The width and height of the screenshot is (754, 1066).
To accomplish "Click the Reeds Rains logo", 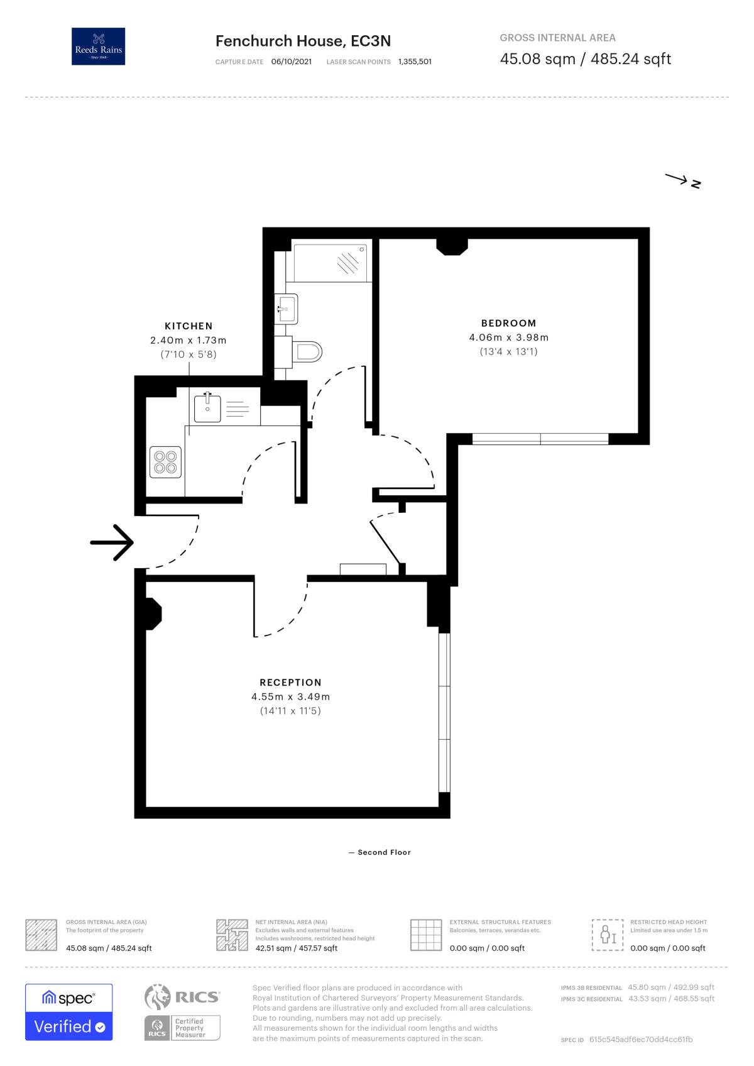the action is (98, 46).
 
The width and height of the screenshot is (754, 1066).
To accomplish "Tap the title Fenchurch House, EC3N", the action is (303, 41).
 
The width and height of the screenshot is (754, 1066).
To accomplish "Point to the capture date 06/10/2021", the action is (291, 62).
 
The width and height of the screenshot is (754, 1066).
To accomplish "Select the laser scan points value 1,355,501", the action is (415, 62).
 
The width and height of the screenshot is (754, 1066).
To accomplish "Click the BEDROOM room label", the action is (508, 323).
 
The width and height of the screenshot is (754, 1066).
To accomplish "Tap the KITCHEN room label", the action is (188, 326).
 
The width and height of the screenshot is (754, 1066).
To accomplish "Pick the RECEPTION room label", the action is (291, 683).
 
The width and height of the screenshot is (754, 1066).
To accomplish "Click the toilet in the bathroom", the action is (307, 352).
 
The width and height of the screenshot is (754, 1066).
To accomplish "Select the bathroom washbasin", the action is (287, 309).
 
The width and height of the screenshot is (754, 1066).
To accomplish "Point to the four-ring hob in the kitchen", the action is (165, 461).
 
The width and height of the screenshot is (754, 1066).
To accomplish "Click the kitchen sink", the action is (207, 409).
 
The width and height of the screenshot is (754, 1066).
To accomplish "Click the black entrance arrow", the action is (112, 542).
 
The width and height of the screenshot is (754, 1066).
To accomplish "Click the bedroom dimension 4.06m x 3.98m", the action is (508, 338).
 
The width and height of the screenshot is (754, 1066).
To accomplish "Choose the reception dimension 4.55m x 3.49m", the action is (291, 696).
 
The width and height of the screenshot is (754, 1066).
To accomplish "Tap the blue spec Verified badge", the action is (69, 1012).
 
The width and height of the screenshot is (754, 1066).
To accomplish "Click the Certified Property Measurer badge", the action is (182, 1028).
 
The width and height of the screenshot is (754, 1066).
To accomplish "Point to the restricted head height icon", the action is (608, 935).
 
